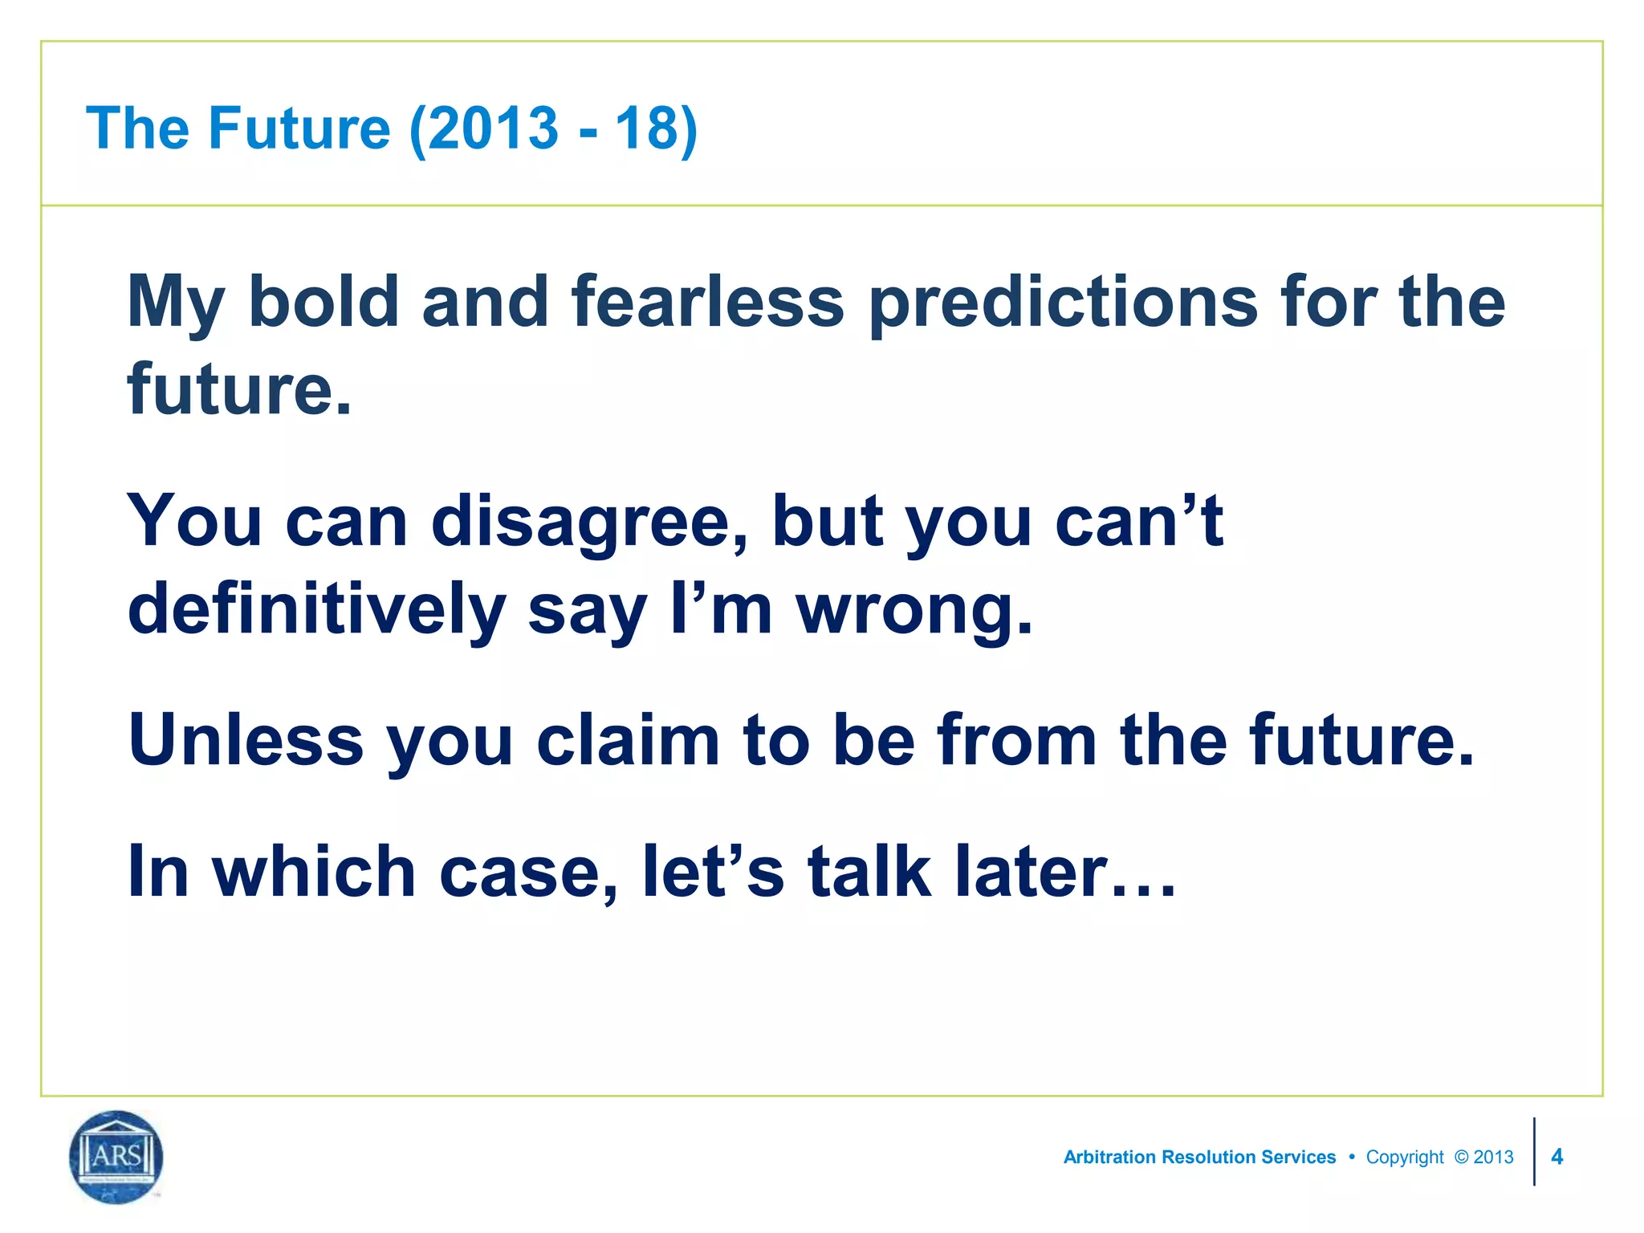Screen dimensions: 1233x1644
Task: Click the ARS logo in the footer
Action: point(116,1157)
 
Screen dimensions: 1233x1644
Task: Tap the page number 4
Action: point(1557,1157)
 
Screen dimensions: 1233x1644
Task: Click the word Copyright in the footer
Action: point(1405,1158)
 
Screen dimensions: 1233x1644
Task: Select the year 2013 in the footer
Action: point(1493,1158)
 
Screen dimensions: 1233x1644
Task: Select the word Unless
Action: point(246,740)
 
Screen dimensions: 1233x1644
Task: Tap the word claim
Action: point(628,740)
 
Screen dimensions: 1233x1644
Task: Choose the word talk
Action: point(869,872)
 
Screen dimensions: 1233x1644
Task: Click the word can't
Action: point(1139,522)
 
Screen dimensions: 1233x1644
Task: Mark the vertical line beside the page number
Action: point(1534,1152)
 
